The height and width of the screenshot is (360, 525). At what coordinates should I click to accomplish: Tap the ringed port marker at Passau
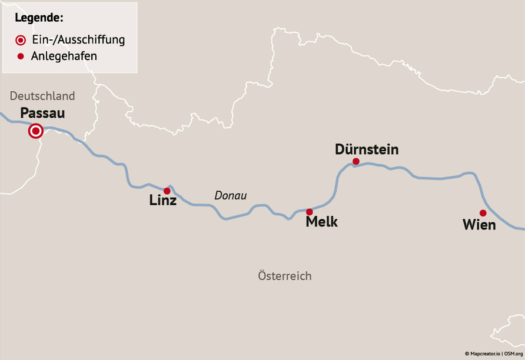click(x=36, y=131)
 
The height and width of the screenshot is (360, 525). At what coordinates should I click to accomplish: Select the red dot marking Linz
click(x=167, y=191)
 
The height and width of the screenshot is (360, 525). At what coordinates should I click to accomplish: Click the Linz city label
click(x=163, y=201)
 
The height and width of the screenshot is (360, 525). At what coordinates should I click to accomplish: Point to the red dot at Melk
click(x=310, y=212)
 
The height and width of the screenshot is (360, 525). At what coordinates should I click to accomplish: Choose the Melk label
click(x=322, y=222)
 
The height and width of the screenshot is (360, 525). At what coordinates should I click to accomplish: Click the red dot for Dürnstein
click(x=356, y=161)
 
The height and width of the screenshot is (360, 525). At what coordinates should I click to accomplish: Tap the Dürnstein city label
click(x=367, y=149)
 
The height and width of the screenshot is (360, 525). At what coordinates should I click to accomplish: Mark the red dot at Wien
click(x=483, y=213)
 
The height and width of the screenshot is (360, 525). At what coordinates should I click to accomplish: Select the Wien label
click(x=479, y=225)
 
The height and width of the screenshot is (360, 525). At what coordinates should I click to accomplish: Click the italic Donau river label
click(x=231, y=196)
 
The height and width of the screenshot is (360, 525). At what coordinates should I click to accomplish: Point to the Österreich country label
click(x=285, y=276)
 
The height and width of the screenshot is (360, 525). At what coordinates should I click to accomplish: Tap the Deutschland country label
click(x=42, y=96)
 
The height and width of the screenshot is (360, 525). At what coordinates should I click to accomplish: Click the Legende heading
click(x=39, y=17)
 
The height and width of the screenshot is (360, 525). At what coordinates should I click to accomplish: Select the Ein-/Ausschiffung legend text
click(x=78, y=40)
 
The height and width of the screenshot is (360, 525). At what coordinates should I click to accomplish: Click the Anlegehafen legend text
click(x=64, y=56)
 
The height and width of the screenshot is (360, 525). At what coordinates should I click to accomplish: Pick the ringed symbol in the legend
click(x=21, y=40)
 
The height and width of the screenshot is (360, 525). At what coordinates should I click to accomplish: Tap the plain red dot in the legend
click(x=21, y=56)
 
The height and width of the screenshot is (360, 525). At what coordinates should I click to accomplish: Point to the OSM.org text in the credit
click(x=514, y=354)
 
